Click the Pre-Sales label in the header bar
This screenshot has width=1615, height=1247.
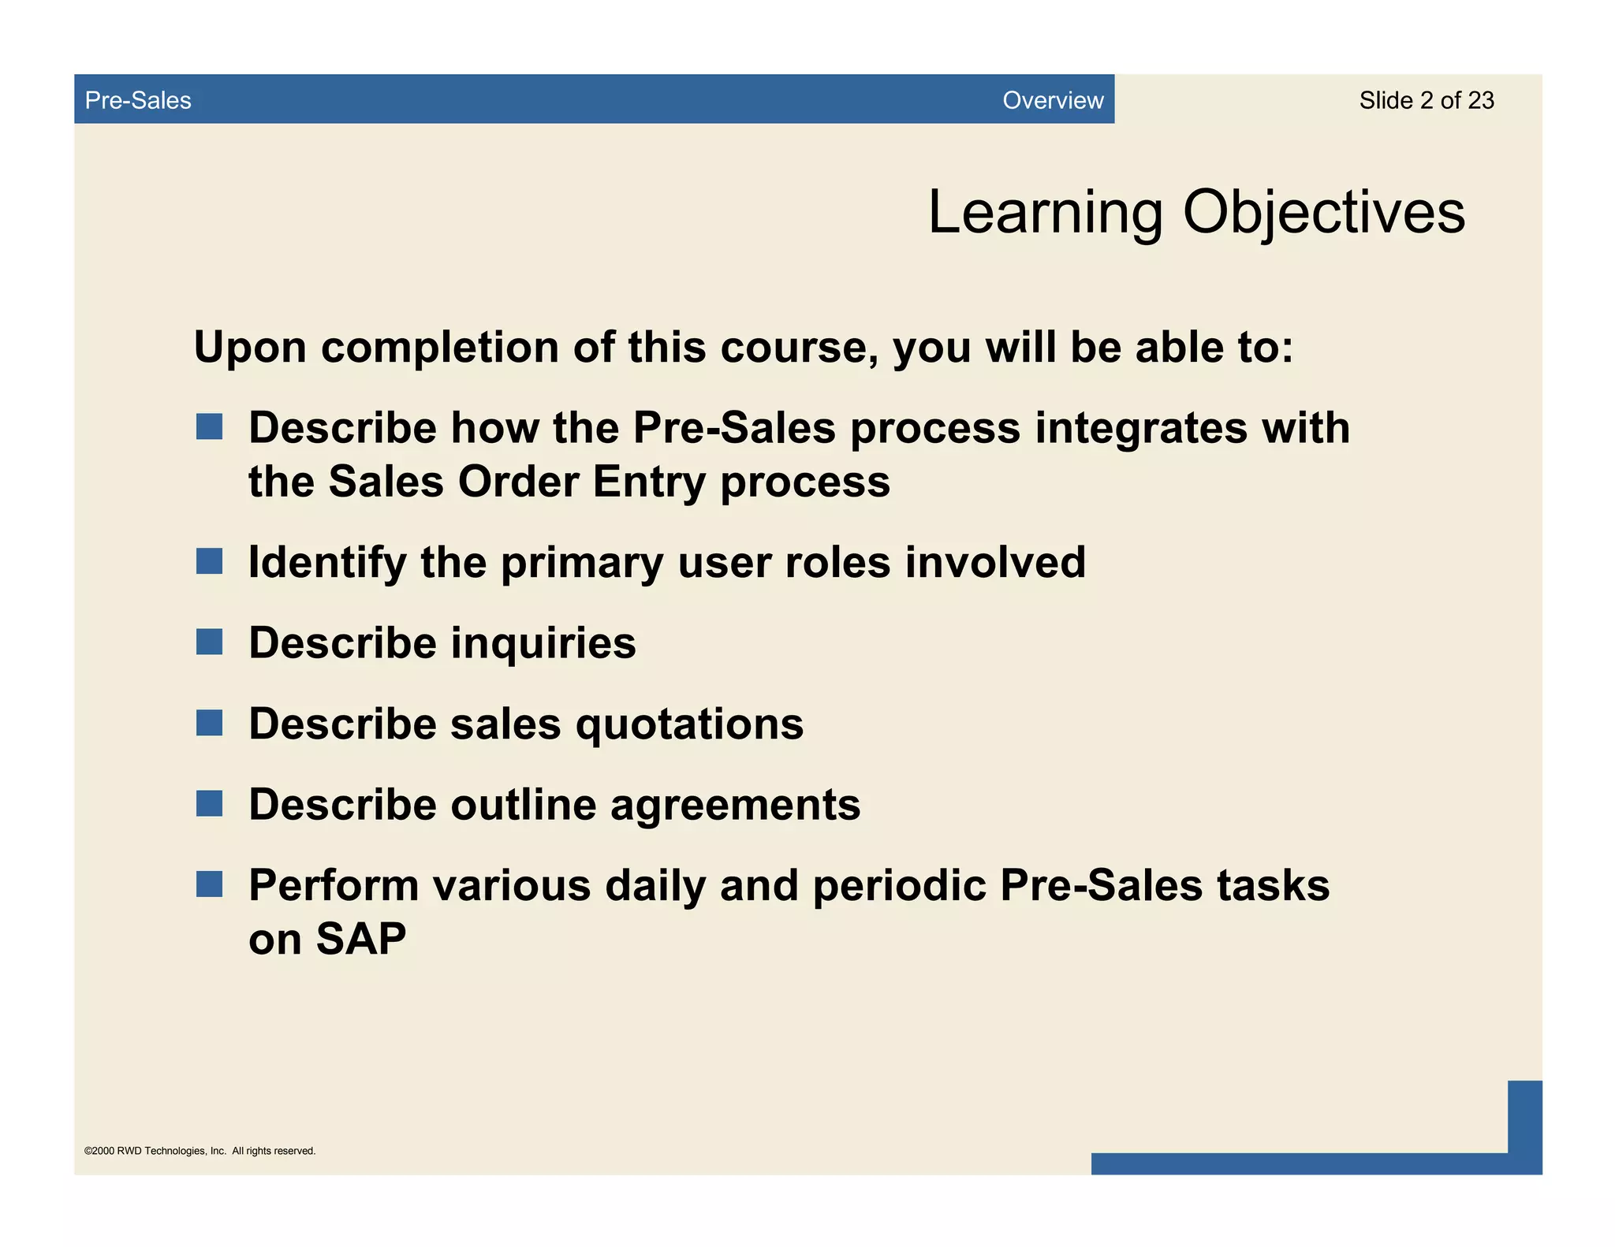pos(138,100)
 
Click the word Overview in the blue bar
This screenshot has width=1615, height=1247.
pos(1052,100)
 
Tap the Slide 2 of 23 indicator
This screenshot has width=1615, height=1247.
pos(1426,100)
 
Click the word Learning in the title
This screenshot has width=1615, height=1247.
pos(1045,213)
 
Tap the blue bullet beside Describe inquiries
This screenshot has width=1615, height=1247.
pos(209,642)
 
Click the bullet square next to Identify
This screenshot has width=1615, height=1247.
pos(209,561)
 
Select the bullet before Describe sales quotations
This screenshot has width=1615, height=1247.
pos(209,723)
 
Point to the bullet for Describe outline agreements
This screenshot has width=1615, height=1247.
pos(209,804)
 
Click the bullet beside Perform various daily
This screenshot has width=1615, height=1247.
pos(209,884)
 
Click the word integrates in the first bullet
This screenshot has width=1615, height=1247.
pos(1140,428)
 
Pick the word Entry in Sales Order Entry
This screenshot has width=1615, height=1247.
pos(649,482)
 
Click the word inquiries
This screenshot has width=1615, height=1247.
pos(543,642)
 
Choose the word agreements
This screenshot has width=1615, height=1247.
pos(735,806)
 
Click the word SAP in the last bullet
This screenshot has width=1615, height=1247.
pos(360,939)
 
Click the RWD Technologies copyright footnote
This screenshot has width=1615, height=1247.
pos(200,1151)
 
